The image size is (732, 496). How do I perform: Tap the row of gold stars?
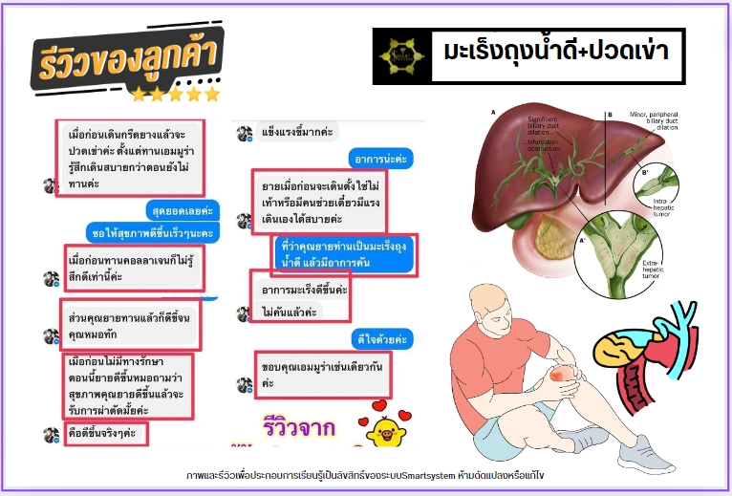(176, 95)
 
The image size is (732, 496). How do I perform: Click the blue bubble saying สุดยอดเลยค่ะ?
(183, 210)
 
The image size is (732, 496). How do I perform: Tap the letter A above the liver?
(494, 113)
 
